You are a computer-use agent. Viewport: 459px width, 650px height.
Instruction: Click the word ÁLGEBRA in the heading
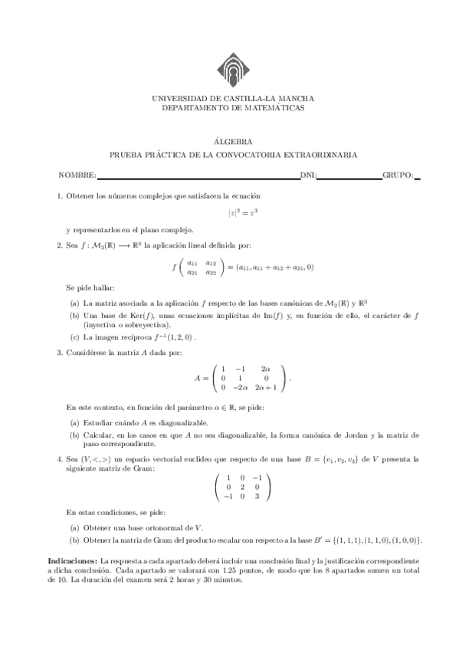pos(229,141)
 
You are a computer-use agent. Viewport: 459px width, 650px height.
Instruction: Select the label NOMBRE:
pos(77,176)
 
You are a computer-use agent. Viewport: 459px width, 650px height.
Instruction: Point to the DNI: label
pos(309,176)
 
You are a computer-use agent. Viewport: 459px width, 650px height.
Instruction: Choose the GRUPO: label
pos(398,176)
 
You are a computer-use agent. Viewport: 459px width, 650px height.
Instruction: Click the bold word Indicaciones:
pos(72,561)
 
